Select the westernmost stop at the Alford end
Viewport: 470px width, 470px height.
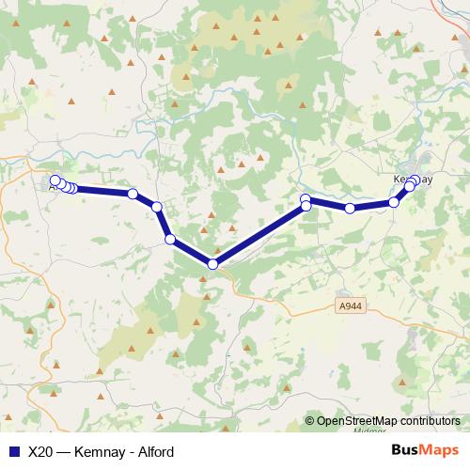(x=55, y=180)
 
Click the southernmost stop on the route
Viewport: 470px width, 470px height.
(x=213, y=264)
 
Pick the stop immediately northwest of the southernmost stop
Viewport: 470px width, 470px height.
(x=170, y=239)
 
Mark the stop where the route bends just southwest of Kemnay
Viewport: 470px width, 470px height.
(x=395, y=202)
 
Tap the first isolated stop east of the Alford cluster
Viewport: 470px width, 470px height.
(x=133, y=194)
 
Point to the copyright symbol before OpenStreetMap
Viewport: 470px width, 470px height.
(x=310, y=421)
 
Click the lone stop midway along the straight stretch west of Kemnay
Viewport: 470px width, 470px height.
(x=350, y=208)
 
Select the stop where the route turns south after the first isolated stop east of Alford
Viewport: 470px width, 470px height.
(x=157, y=207)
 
